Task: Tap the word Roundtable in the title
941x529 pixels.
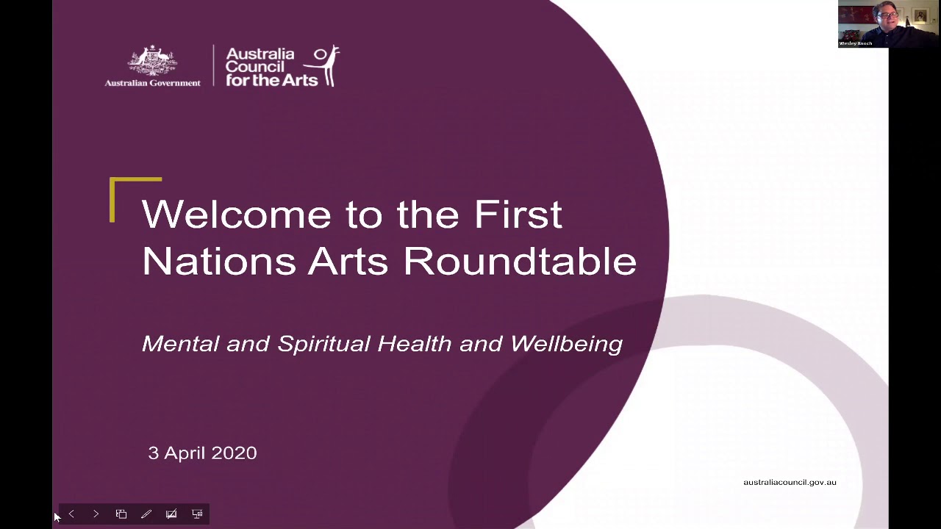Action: click(519, 262)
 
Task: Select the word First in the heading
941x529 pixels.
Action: click(518, 215)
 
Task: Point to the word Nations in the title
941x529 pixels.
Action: click(218, 262)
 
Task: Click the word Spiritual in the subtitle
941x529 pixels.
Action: click(323, 344)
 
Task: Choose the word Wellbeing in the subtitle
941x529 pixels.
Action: click(566, 344)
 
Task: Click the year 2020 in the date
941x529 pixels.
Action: click(234, 453)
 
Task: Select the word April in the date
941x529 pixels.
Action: click(185, 453)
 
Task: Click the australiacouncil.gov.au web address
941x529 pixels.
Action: click(790, 483)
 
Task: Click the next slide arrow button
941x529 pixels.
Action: click(96, 514)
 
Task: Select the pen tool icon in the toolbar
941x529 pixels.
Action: click(146, 514)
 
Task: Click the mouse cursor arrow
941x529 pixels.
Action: click(57, 517)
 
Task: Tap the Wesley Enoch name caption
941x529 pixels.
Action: click(856, 43)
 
